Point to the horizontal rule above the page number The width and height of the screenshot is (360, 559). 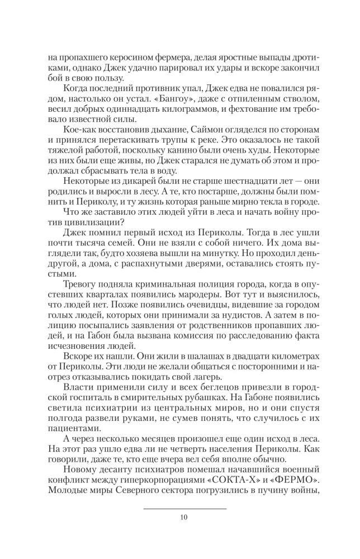click(x=184, y=509)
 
